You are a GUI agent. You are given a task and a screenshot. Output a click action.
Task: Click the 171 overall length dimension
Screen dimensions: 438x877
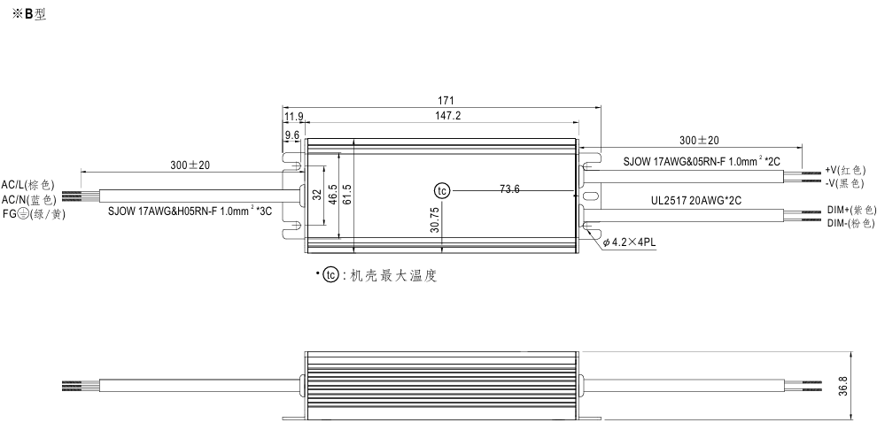439,100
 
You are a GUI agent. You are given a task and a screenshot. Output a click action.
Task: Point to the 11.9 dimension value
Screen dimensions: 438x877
293,116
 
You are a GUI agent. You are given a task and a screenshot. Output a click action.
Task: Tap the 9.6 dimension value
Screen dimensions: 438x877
291,134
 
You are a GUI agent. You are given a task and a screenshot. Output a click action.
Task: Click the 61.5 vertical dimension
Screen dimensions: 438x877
347,193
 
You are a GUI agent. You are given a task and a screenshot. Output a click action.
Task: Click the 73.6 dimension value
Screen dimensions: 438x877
509,189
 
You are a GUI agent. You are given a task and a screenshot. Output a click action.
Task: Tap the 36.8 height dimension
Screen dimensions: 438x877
843,387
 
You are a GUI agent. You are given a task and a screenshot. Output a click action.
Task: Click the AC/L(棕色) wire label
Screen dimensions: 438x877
27,186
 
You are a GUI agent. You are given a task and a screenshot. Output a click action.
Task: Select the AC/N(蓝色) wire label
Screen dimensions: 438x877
27,200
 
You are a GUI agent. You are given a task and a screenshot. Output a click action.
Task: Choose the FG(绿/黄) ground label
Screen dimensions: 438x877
34,214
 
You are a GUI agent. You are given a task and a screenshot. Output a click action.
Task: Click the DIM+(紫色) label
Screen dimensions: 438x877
851,210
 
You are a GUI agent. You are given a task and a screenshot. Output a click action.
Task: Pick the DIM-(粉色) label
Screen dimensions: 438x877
850,223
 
